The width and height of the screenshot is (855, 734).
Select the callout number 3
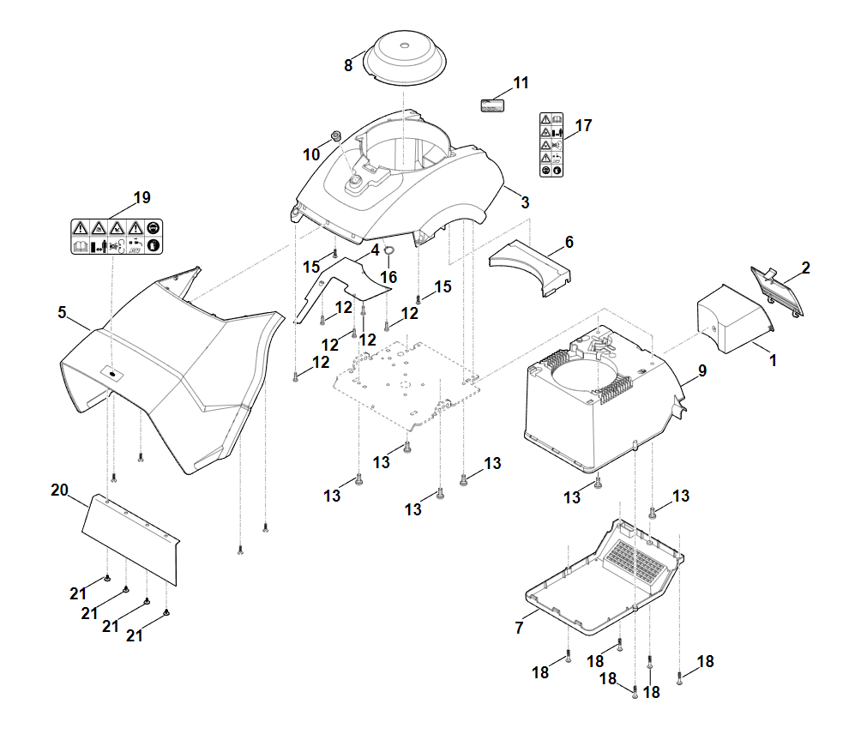525,203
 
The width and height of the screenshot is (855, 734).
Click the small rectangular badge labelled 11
491,105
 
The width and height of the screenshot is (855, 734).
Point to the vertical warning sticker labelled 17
551,144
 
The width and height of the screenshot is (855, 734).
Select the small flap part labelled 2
779,292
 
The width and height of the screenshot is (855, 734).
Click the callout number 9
702,371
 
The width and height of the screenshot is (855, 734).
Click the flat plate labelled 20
130,538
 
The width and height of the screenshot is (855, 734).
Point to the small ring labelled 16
388,251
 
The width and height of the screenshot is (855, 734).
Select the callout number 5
62,313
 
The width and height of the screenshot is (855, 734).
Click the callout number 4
375,250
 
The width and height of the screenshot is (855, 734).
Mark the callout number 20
59,490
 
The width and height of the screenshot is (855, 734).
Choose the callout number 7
519,629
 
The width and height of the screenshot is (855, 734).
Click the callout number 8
348,65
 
